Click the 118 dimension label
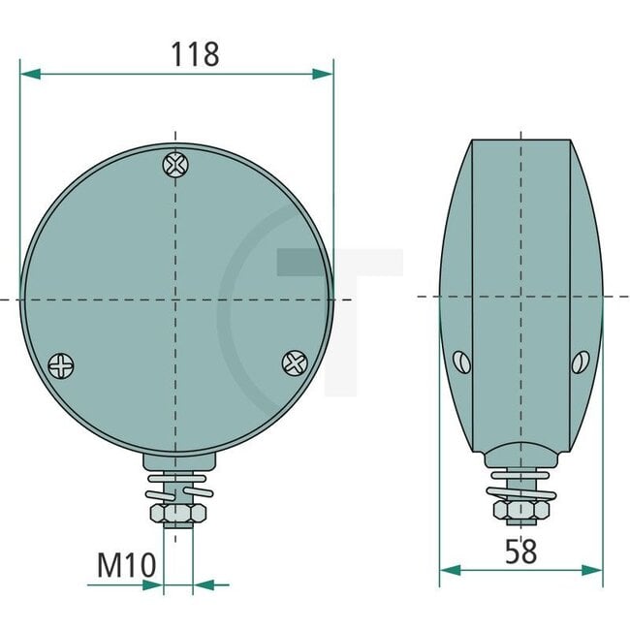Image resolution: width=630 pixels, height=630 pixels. click(x=196, y=54)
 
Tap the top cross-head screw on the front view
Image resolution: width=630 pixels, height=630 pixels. click(x=175, y=165)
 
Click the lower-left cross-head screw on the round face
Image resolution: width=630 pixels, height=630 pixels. click(x=60, y=365)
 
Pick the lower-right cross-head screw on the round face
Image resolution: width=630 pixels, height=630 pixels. click(x=294, y=362)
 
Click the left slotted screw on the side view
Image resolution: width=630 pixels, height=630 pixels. click(x=461, y=362)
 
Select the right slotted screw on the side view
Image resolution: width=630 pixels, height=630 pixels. click(x=580, y=362)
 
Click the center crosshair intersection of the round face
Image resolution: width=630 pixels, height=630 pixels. click(x=175, y=299)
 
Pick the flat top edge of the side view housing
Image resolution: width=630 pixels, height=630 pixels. click(x=520, y=141)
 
